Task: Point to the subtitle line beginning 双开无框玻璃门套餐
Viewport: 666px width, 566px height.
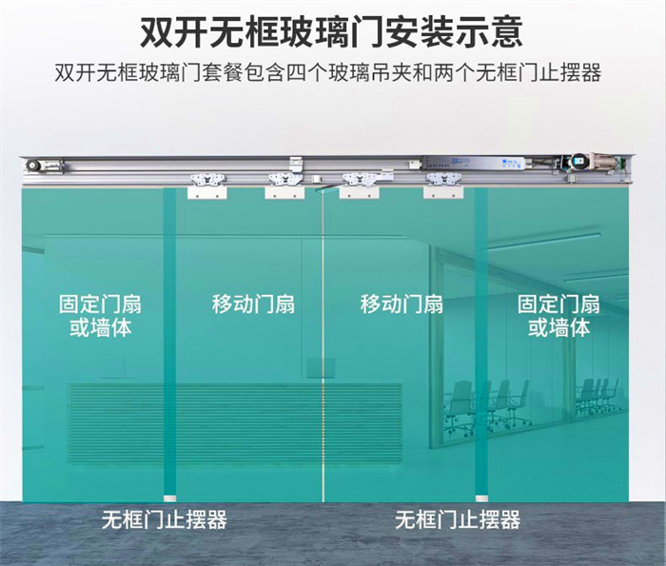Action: [327, 73]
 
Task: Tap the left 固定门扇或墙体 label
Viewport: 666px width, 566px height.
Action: [100, 317]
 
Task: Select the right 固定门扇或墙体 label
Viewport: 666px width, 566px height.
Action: [558, 317]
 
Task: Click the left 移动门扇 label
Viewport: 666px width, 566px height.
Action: [253, 304]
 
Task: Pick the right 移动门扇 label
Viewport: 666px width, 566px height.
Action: [402, 304]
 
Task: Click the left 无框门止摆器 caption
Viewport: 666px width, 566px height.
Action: [165, 519]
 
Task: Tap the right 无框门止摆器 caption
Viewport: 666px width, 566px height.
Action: [458, 519]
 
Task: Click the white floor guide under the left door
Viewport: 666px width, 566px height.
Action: [170, 498]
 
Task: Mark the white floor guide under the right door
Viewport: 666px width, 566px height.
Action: [481, 498]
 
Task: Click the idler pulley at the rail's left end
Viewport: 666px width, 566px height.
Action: [31, 166]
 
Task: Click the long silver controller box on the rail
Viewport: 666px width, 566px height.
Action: [475, 163]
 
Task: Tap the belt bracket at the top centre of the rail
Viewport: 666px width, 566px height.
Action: [296, 164]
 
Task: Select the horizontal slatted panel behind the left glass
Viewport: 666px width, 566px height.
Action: [235, 423]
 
